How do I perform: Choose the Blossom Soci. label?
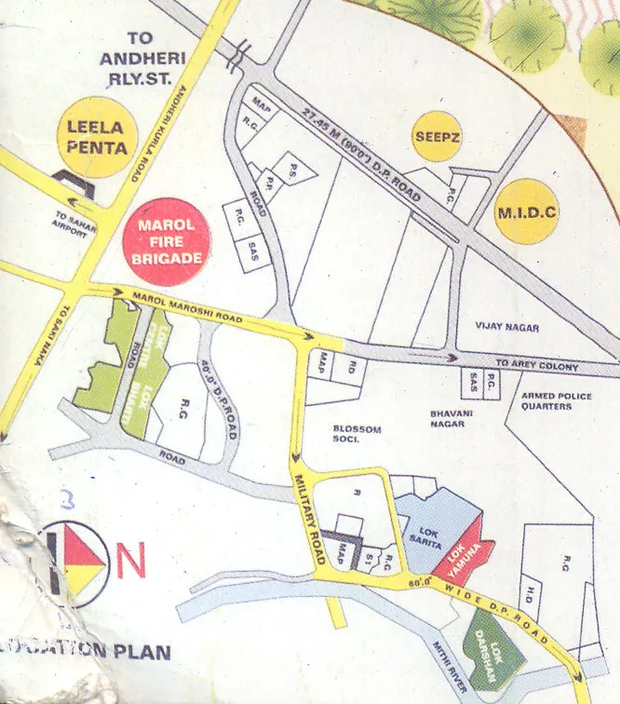click(357, 434)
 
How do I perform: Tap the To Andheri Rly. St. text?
click(147, 59)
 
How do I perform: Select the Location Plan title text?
click(88, 650)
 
